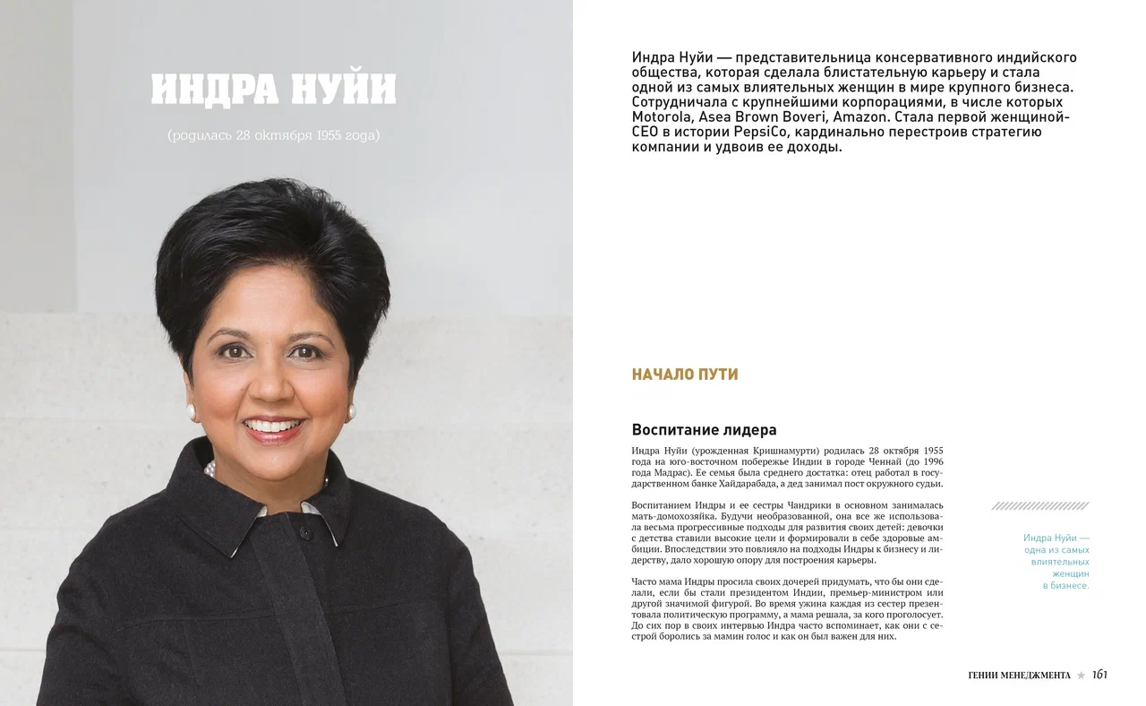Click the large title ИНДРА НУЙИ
(x=273, y=90)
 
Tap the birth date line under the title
(x=273, y=135)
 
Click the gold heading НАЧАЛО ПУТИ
(x=685, y=375)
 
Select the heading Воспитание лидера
(x=704, y=429)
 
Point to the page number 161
(x=1099, y=675)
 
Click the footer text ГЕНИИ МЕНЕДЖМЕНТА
(x=1019, y=676)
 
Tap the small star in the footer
(x=1081, y=676)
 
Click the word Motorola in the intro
(x=662, y=116)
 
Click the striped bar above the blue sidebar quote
(x=1039, y=506)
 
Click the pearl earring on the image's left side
(x=191, y=412)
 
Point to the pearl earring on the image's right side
(x=351, y=413)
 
